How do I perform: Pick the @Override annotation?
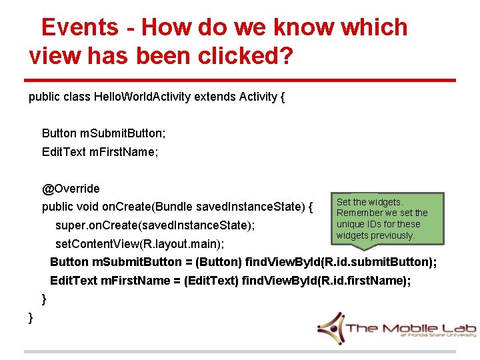(x=71, y=189)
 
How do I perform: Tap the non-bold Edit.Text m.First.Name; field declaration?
(x=100, y=152)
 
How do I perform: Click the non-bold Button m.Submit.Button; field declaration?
(x=104, y=133)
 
